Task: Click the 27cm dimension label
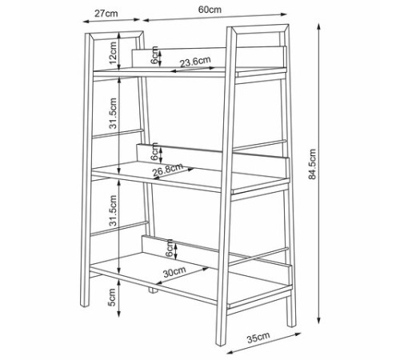pos(106,14)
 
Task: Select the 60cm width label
pos(210,10)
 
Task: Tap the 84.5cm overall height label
pos(312,164)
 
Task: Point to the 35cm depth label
pos(258,337)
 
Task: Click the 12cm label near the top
pos(113,53)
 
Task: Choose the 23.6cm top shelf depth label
pos(195,62)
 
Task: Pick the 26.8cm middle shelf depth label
pos(168,170)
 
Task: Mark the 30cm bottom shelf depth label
pos(174,271)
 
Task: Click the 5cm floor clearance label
pos(112,297)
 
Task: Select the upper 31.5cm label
pos(113,113)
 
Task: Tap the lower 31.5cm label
pos(113,210)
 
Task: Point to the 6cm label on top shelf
pos(154,55)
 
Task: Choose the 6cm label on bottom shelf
pos(169,248)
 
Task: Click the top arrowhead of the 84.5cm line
pos(318,26)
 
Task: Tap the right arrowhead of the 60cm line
pos(284,14)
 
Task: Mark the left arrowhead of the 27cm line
pos(86,21)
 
